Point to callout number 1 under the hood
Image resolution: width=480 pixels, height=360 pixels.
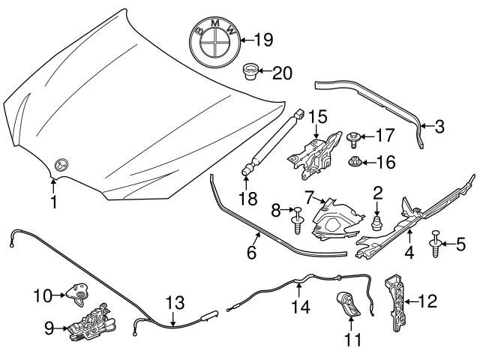[x=53, y=202]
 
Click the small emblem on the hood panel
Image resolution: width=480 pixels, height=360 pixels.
[x=62, y=166]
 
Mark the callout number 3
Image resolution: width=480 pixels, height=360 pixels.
[x=439, y=126]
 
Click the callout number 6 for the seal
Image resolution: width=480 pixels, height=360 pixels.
[x=252, y=253]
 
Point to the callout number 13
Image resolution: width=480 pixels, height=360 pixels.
[x=174, y=304]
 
